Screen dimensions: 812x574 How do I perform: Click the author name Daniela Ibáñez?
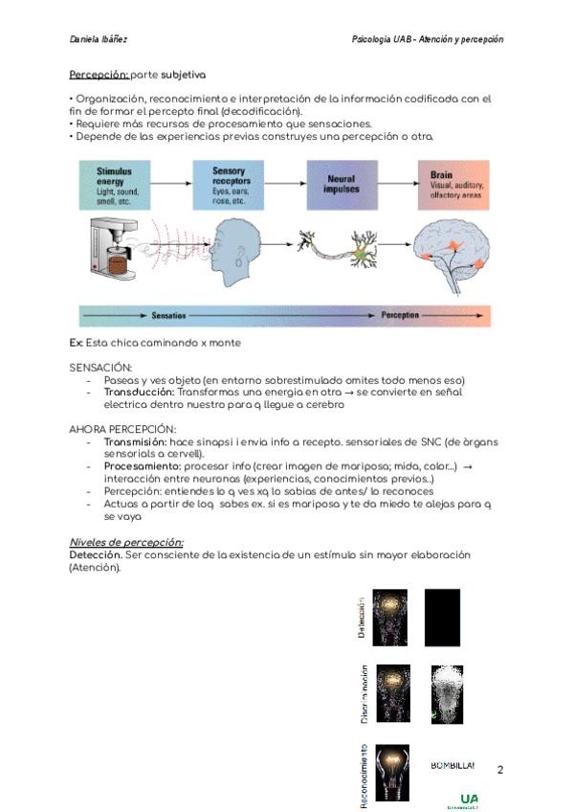click(x=99, y=39)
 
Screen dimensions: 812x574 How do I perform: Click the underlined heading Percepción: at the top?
click(x=99, y=74)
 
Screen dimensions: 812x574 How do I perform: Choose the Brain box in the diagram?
click(x=453, y=185)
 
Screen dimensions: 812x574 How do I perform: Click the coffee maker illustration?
click(x=114, y=252)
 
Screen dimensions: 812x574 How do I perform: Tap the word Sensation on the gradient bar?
click(x=168, y=314)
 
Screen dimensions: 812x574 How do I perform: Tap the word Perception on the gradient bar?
click(x=400, y=314)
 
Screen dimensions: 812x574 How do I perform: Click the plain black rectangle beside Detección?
click(x=442, y=618)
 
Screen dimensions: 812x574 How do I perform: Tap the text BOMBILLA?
click(x=453, y=765)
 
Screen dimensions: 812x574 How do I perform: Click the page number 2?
click(x=500, y=770)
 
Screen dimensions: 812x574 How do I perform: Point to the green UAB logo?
click(x=468, y=800)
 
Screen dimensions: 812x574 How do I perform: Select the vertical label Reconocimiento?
click(x=364, y=777)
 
